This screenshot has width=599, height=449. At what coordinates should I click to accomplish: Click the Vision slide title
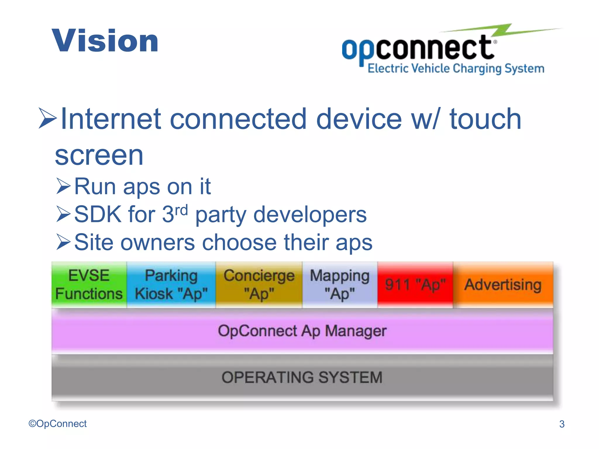pos(105,41)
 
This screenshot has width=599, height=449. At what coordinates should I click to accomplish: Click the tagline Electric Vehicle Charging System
pos(456,68)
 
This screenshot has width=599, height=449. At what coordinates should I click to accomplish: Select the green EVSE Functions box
pos(89,284)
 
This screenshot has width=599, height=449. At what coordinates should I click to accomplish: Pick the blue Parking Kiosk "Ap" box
pos(171,284)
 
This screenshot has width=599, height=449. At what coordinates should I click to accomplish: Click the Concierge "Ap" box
pos(259,284)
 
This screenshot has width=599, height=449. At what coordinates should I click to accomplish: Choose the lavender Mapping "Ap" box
pos(340,284)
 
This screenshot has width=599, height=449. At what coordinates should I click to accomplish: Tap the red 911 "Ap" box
pos(415,284)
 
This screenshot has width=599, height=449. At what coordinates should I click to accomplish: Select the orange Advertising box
pos(503,284)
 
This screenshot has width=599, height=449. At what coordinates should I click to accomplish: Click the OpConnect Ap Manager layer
pos(302,331)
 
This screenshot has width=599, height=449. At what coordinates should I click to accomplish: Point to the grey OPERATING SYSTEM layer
pos(302,377)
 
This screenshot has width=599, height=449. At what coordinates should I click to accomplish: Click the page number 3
pos(562,424)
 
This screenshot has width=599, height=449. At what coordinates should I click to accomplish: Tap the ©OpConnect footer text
pos(58,424)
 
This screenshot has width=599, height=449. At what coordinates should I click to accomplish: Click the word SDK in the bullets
pos(98,215)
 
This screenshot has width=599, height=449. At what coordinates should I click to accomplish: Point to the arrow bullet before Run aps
pos(63,186)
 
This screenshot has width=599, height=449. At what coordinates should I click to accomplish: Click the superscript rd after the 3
pos(181,210)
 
